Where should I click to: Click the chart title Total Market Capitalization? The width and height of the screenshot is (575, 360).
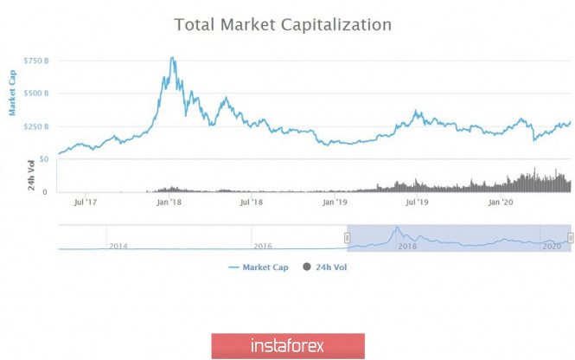(283, 24)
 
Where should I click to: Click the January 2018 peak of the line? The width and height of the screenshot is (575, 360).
(173, 59)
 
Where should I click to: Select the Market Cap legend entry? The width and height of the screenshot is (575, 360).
(259, 267)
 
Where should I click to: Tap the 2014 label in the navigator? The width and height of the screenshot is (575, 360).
(119, 247)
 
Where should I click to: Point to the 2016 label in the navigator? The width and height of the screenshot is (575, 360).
(264, 247)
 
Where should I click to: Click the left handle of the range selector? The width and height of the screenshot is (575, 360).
(348, 237)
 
